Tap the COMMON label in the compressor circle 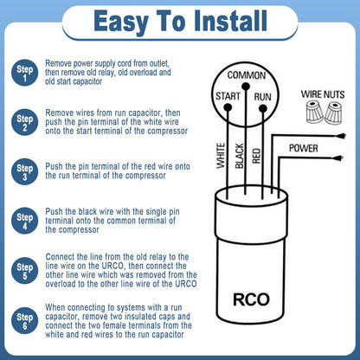tap(246, 75)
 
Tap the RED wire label tap(256, 154)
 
